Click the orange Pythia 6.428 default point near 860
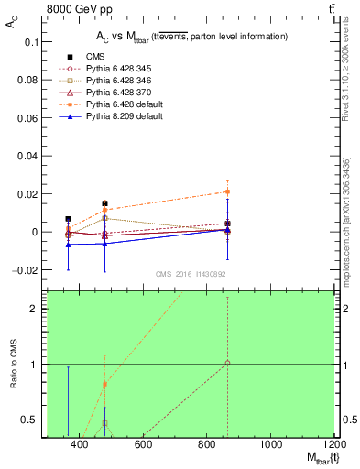click(x=227, y=191)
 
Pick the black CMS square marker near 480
click(x=105, y=203)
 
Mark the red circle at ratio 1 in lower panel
click(x=227, y=364)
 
